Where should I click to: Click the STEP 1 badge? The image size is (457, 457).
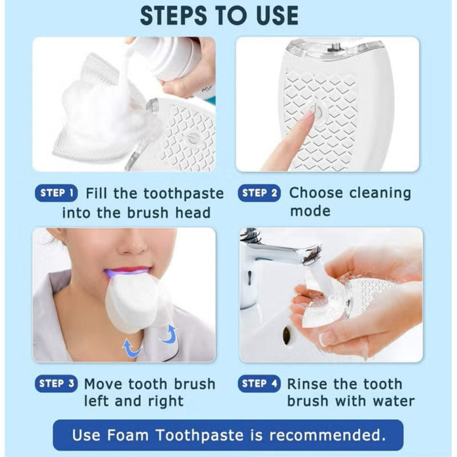tap(56, 193)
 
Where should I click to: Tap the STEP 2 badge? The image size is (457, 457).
tap(259, 193)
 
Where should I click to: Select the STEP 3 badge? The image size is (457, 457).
tap(56, 383)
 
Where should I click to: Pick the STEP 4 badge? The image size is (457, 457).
tap(259, 383)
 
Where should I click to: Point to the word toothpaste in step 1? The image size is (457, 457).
tap(183, 194)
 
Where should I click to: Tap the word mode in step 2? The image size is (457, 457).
tap(310, 211)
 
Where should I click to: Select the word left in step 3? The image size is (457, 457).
tap(96, 401)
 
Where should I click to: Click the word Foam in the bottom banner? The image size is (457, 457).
tap(128, 435)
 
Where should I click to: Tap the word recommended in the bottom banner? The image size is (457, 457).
tap(328, 435)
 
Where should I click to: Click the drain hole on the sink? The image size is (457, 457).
tap(287, 333)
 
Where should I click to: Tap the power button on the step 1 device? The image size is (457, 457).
tap(192, 138)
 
